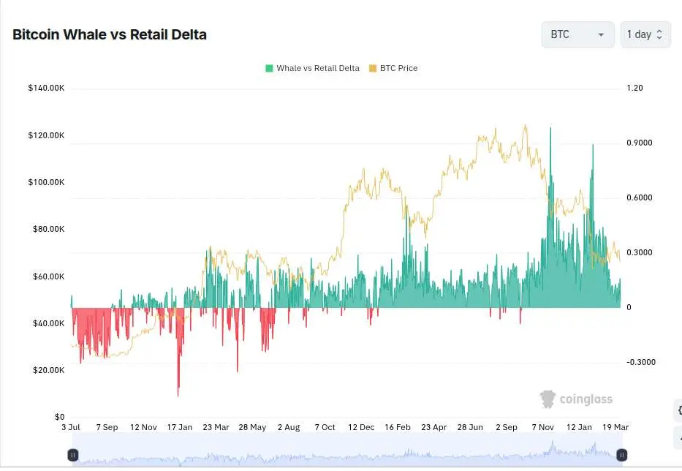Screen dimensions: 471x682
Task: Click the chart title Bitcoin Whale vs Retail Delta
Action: coord(110,34)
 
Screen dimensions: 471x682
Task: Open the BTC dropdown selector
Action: coord(577,34)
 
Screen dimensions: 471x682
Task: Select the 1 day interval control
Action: coord(645,34)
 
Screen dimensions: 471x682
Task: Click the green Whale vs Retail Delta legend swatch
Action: coord(269,68)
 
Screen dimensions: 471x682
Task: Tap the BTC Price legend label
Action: coord(398,68)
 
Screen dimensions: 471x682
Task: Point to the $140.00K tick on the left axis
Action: coord(46,88)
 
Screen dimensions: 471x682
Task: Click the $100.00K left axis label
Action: coord(46,182)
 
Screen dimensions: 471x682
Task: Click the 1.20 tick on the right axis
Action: coord(634,88)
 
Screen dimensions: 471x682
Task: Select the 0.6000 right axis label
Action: coord(639,197)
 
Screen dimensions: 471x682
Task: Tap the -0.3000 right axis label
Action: coord(640,362)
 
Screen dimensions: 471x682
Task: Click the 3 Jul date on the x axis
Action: coord(71,427)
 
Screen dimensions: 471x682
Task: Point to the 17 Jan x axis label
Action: coord(180,427)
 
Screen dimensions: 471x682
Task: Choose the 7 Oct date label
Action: coord(325,427)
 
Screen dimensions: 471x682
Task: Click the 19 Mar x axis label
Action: coord(615,427)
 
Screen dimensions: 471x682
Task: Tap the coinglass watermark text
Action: coord(586,399)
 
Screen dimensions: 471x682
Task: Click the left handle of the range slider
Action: coord(73,455)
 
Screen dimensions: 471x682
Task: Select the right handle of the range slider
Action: coord(621,455)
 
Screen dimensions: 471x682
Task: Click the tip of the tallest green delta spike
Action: coord(550,128)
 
